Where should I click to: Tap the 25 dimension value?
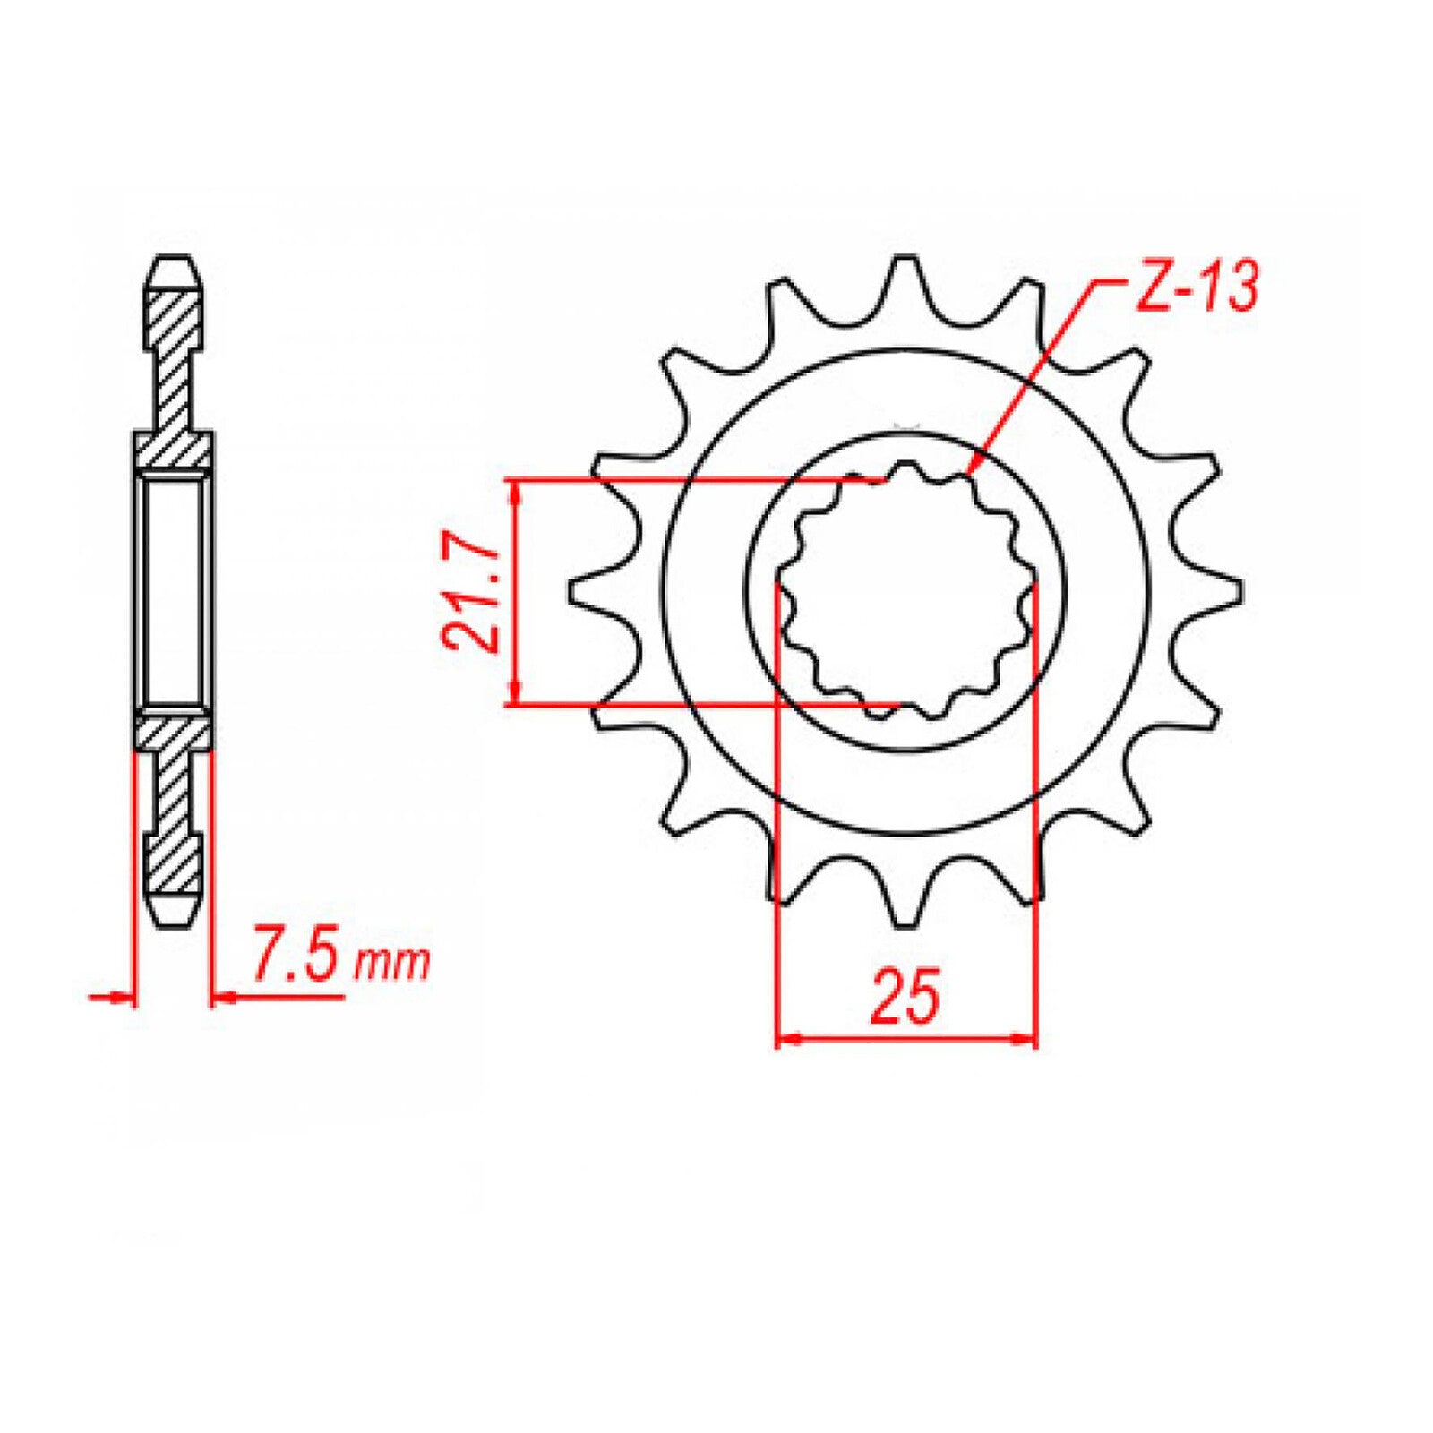click(905, 995)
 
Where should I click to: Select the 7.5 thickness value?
click(296, 959)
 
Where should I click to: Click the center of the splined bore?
click(905, 591)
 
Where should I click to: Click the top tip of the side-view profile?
click(173, 261)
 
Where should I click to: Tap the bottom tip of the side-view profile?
click(173, 923)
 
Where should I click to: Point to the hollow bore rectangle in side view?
click(173, 591)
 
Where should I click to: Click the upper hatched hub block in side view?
click(173, 450)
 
